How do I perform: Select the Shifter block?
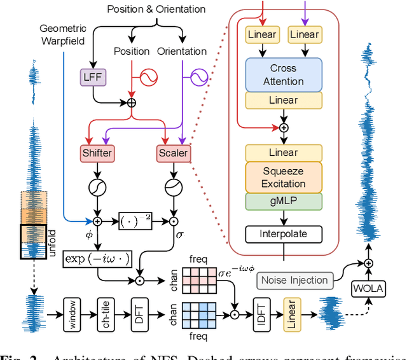pos(97,153)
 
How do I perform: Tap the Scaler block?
pos(172,153)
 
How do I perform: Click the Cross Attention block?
pos(283,74)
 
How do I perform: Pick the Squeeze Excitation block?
pos(283,177)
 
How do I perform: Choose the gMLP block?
pos(283,202)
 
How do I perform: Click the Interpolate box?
pos(283,233)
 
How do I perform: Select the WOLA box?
pos(369,289)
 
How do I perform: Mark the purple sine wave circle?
pos(198,78)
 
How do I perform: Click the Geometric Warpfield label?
pos(62,35)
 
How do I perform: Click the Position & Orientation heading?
pos(156,9)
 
